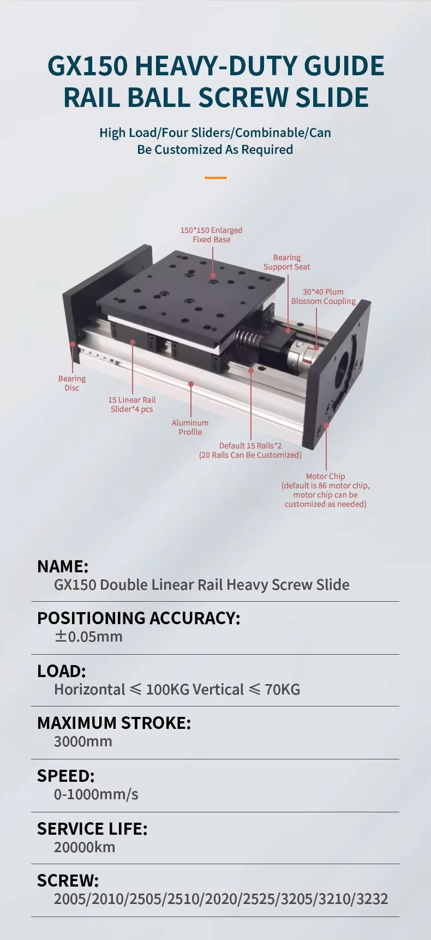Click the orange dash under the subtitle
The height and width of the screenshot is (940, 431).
click(215, 178)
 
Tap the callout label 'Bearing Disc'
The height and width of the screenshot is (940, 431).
click(72, 383)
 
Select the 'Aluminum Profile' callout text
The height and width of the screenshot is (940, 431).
click(190, 427)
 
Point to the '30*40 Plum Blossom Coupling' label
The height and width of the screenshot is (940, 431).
click(323, 296)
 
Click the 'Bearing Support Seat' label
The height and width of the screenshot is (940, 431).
click(286, 262)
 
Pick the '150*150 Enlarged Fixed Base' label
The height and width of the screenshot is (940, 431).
click(211, 235)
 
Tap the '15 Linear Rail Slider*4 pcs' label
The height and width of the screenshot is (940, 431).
click(132, 404)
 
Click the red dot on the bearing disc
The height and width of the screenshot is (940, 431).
click(72, 344)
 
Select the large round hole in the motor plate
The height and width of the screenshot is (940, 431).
click(343, 366)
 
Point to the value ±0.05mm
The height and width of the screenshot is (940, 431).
click(88, 637)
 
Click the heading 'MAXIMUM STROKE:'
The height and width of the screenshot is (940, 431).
click(114, 723)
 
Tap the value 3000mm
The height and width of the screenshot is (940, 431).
click(83, 741)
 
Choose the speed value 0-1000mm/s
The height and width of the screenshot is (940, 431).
click(96, 794)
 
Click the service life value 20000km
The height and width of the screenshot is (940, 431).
click(85, 847)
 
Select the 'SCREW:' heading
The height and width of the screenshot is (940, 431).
click(68, 881)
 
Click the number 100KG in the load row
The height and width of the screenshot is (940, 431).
click(167, 690)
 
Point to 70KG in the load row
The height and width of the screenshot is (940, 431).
click(282, 690)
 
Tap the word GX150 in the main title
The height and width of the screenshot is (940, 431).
click(87, 66)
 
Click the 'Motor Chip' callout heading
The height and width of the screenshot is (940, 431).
click(325, 476)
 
